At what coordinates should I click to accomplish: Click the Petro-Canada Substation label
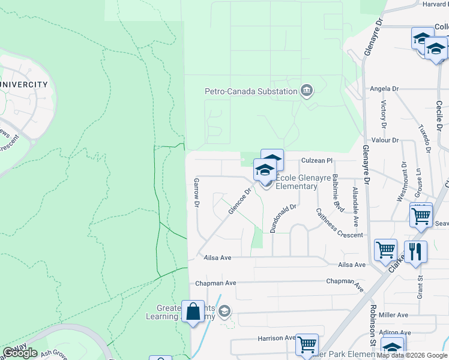tap(251, 91)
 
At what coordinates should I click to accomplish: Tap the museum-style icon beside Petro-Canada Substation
tap(307, 91)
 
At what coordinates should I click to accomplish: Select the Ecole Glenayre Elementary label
tap(296, 182)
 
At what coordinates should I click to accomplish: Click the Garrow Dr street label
tap(196, 193)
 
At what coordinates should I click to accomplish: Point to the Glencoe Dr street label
tap(239, 202)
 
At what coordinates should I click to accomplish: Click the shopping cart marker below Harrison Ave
tap(307, 344)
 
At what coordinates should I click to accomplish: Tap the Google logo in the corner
tap(20, 353)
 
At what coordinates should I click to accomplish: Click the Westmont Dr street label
tap(403, 182)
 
